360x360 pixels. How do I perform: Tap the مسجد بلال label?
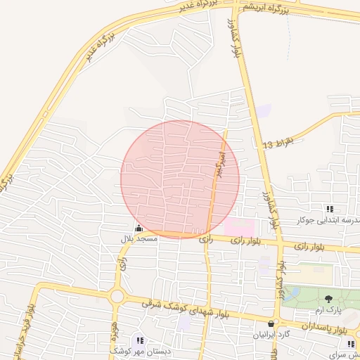pyautogui.click(x=138, y=239)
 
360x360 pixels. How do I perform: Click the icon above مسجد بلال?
pyautogui.click(x=138, y=228)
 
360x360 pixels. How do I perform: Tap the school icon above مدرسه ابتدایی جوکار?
pyautogui.click(x=329, y=209)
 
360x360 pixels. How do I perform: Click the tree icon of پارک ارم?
pyautogui.click(x=329, y=299)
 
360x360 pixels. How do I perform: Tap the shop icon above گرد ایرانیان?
pyautogui.click(x=271, y=323)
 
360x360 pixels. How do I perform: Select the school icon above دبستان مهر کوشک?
pyautogui.click(x=139, y=340)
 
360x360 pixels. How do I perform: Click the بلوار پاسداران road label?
pyautogui.click(x=326, y=328)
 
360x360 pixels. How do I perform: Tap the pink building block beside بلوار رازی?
pyautogui.click(x=239, y=227)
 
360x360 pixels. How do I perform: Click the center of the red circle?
pyautogui.click(x=180, y=179)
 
